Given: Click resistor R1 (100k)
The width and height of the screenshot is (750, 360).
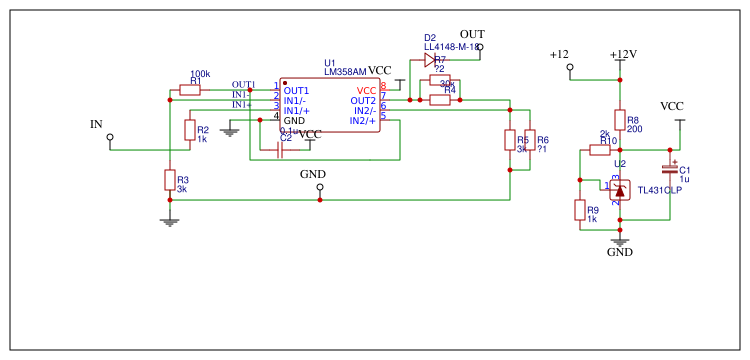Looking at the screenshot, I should point(190,90).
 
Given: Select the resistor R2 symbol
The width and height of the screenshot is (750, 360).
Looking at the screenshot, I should point(190,130).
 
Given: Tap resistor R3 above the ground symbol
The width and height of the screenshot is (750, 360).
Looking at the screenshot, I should point(170,180).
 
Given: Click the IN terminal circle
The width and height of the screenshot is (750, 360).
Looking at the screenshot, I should point(110,137).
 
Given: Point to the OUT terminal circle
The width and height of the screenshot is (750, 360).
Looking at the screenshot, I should point(480,47).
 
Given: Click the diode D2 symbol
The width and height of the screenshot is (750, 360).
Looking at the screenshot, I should point(430,59).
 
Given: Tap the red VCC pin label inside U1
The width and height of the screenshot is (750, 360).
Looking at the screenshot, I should point(366,91).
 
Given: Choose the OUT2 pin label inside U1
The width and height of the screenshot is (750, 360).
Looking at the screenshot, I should point(363,101).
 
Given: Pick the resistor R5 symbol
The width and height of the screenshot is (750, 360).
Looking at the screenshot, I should point(510,140).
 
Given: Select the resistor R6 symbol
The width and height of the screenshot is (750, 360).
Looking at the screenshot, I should point(530,140).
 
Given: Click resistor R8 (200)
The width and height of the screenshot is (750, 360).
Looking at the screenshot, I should point(620,120).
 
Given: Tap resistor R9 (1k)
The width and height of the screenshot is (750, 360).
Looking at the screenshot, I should point(580,209).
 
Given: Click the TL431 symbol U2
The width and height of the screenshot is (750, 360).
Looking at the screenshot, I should point(620,189).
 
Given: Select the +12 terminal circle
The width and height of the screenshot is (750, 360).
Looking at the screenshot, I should point(570,68).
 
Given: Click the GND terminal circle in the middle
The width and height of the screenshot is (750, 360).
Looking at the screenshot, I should point(320,187).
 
